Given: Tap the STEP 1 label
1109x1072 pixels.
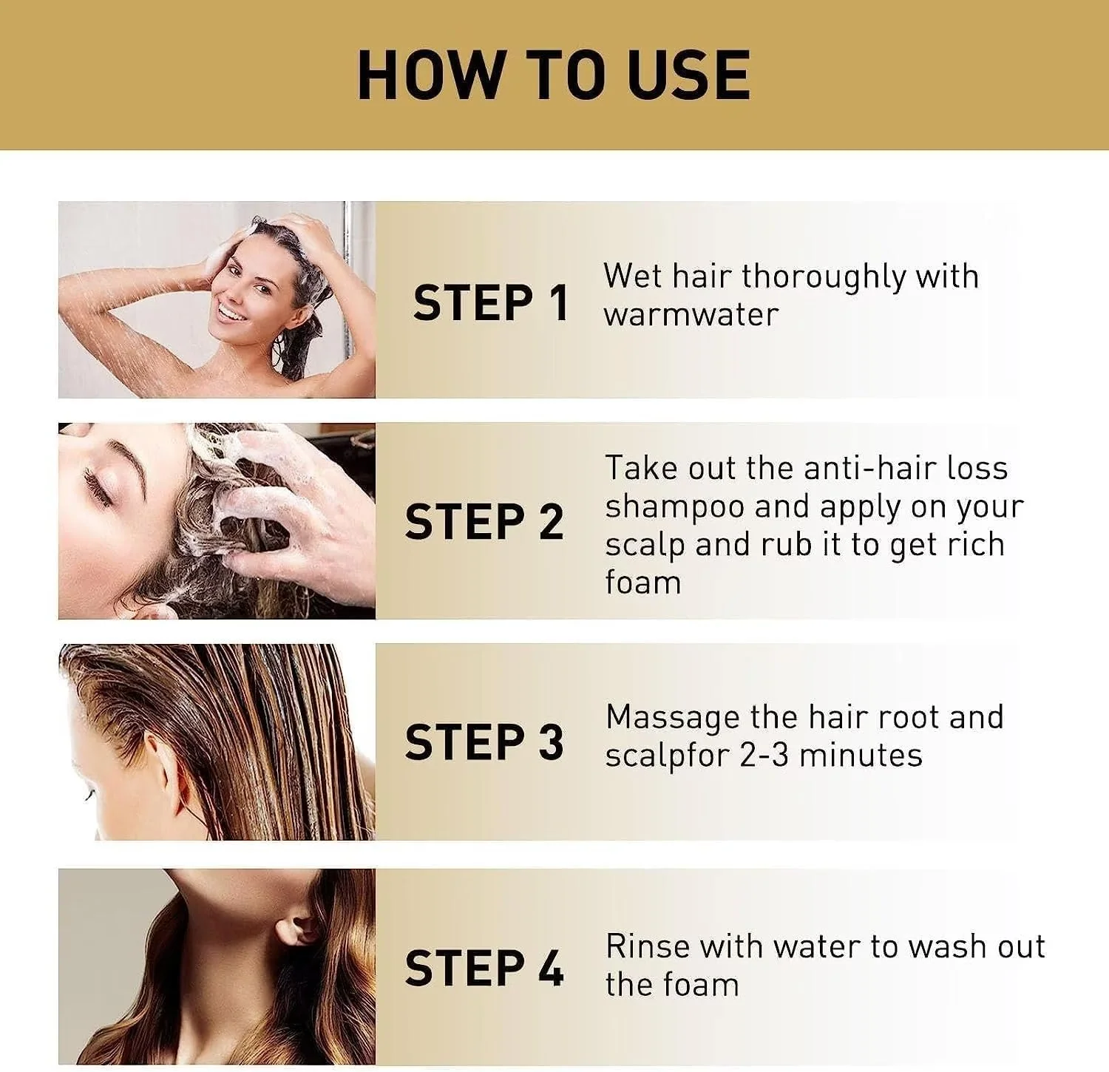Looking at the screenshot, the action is (x=491, y=302).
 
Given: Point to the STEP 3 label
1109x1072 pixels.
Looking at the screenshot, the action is (x=484, y=742).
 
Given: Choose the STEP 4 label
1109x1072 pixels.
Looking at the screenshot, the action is (x=484, y=968).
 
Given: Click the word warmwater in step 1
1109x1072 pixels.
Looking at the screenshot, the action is (x=691, y=314).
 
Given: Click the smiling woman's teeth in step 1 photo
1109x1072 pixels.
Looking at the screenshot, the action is (x=231, y=313).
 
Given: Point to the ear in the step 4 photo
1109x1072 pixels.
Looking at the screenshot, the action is (x=301, y=930).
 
